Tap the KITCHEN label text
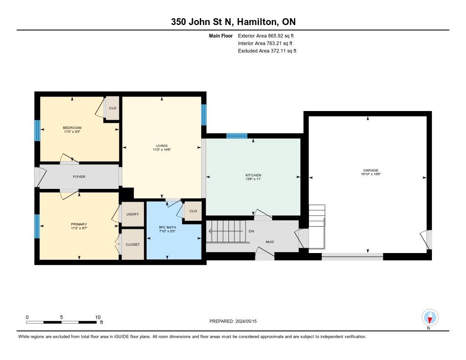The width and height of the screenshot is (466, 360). click(x=253, y=175)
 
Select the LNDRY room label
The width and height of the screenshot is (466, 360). click(x=132, y=214)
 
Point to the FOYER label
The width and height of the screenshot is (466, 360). click(x=79, y=177)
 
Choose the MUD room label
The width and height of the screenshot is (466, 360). click(x=269, y=242)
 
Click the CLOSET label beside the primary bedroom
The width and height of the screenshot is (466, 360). click(x=132, y=244)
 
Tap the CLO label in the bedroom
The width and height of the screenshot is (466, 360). click(x=112, y=108)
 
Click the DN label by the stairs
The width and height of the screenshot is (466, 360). click(x=251, y=231)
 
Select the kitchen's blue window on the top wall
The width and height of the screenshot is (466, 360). click(x=237, y=136)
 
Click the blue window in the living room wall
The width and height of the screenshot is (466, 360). click(x=204, y=115)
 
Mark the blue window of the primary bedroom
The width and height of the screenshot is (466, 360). click(x=37, y=226)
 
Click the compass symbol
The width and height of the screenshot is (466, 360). click(x=430, y=317)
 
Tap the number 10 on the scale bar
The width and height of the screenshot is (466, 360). click(x=97, y=317)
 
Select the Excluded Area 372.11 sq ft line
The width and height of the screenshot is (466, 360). click(x=267, y=51)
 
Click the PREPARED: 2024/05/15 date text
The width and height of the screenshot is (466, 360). click(x=236, y=321)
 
